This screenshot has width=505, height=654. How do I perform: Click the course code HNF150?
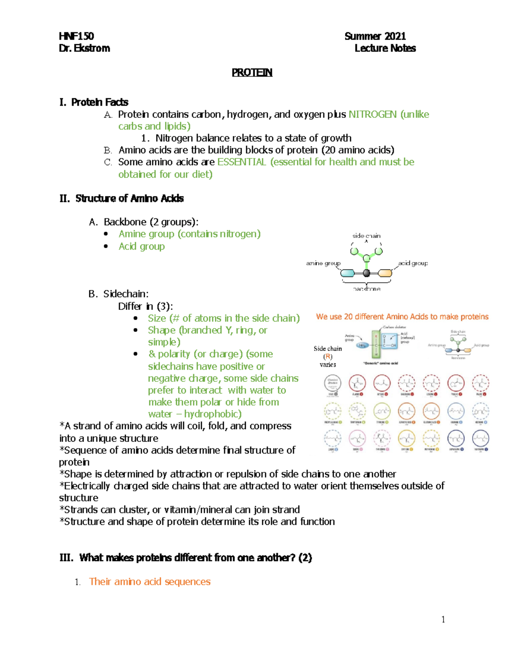(x=76, y=36)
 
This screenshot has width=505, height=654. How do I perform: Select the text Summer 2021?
(x=375, y=36)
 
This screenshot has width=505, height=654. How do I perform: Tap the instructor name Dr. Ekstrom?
(x=85, y=48)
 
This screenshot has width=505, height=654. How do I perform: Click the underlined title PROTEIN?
(x=252, y=73)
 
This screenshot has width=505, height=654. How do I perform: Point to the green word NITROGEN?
(x=372, y=115)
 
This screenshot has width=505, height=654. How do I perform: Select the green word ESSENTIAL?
(x=242, y=162)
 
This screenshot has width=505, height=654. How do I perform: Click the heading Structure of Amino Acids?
(x=129, y=198)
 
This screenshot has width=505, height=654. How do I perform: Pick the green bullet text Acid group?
(x=141, y=246)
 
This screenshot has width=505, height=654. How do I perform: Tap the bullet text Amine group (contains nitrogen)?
(x=189, y=234)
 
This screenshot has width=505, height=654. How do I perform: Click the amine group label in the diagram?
(x=323, y=263)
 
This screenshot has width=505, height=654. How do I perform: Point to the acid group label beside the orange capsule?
(x=413, y=263)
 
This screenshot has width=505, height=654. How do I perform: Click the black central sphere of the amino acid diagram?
(x=367, y=273)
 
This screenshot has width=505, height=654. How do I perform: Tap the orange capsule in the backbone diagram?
(x=385, y=273)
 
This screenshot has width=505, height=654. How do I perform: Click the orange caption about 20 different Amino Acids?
(x=402, y=317)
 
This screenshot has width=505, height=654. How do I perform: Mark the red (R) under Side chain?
(x=327, y=357)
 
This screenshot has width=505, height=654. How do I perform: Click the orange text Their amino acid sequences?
(x=149, y=582)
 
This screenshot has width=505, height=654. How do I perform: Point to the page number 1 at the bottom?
(x=443, y=619)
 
